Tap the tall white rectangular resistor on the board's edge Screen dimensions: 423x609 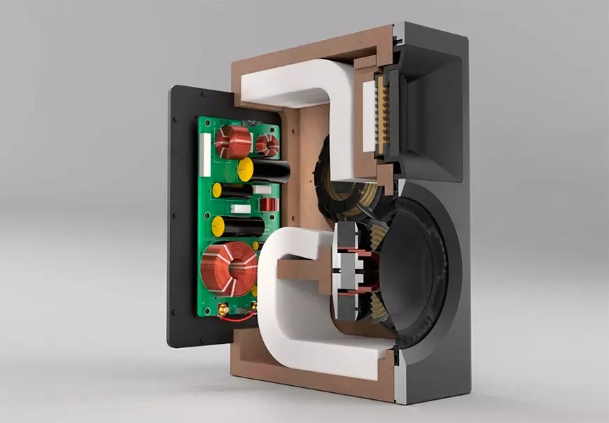click(205, 154)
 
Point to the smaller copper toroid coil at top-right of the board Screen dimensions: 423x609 click(266, 146)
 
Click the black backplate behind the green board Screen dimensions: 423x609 click(178, 210)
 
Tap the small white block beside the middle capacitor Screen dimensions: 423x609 click(241, 209)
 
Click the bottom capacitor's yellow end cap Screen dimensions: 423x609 click(219, 226)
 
